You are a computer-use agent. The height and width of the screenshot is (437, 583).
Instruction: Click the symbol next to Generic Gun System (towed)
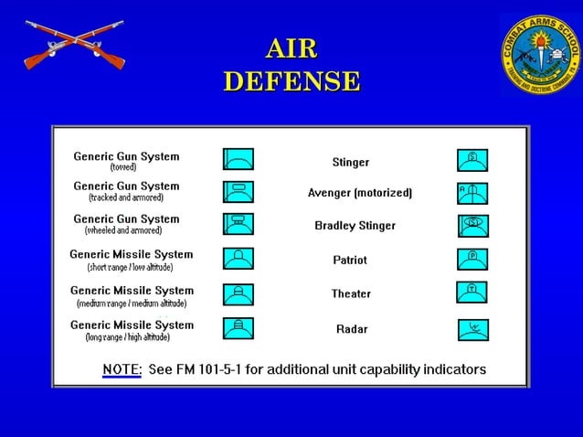238,159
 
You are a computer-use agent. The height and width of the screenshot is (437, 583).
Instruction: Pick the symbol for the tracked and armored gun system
238,192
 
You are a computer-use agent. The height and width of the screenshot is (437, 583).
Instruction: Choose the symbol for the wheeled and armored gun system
238,224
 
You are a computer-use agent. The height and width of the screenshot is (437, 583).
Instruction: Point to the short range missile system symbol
238,259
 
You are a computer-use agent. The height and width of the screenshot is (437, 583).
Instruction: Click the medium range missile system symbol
238,294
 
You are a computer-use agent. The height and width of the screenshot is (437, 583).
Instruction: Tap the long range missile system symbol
238,328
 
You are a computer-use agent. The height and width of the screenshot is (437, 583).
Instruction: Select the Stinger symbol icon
472,160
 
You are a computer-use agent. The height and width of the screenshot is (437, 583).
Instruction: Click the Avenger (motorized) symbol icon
472,192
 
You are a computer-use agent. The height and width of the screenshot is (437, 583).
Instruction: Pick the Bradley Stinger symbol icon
472,225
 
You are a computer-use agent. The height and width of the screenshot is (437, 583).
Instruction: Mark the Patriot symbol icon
472,259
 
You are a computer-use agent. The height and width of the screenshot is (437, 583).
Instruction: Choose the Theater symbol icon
472,293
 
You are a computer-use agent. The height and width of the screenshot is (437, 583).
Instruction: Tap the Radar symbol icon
472,328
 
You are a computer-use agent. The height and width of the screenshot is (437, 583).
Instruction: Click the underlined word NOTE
122,369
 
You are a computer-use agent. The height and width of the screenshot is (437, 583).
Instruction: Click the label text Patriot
350,260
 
